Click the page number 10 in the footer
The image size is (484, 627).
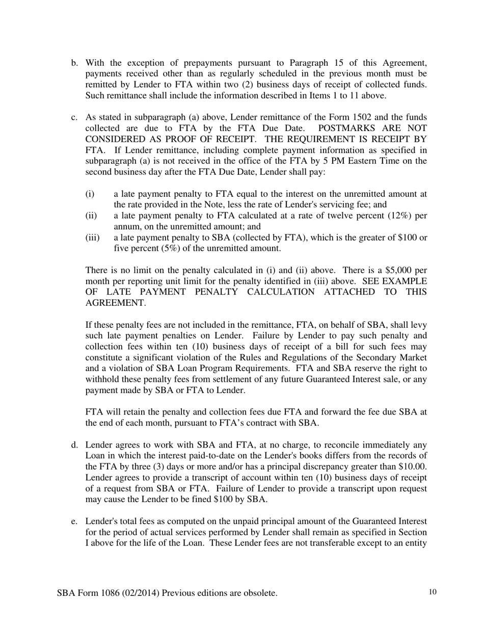tap(433, 592)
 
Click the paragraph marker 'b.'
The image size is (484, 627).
tap(74, 63)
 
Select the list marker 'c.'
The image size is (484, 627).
tap(74, 118)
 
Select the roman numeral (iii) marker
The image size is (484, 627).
tap(92, 238)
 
